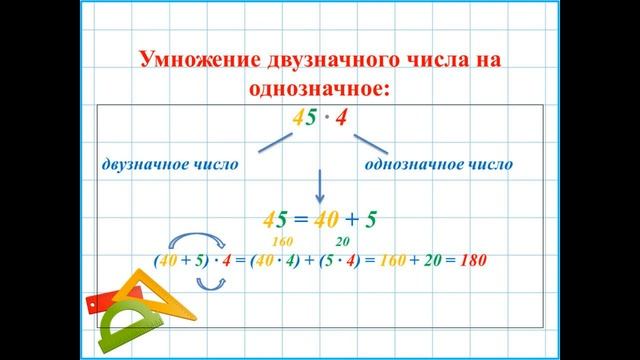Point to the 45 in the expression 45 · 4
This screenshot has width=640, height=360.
point(303,119)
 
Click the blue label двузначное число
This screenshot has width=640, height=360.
point(169,163)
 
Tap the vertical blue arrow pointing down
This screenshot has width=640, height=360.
point(321,185)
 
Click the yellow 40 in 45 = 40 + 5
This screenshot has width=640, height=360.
point(324,218)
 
